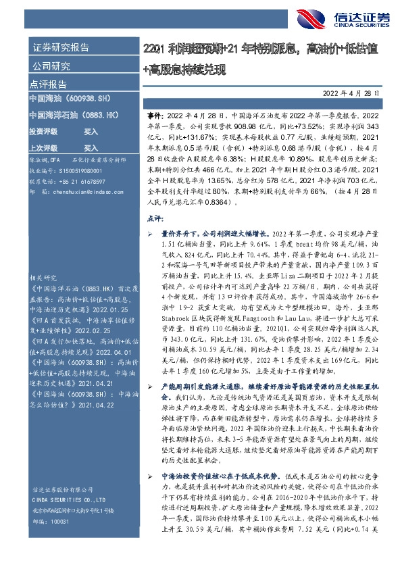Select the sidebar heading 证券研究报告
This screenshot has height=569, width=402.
point(61,48)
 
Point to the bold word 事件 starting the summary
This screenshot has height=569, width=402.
point(154,116)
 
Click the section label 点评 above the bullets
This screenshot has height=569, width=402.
point(154,219)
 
